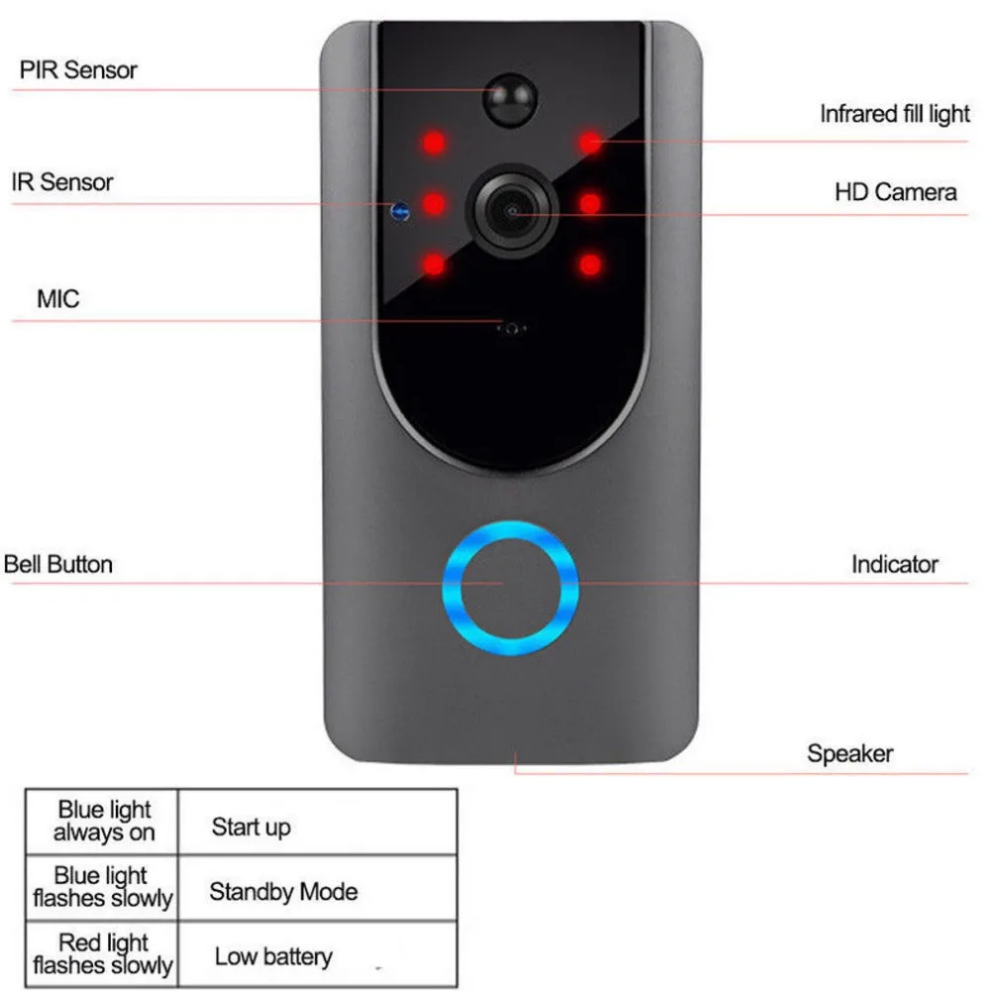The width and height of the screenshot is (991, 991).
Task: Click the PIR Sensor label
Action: pos(77,70)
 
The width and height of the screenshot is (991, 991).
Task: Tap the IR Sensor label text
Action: pos(61,182)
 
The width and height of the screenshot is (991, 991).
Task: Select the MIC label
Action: pos(58,299)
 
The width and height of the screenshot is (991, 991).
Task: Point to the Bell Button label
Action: pos(58,565)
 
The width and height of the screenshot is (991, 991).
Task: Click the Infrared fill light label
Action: pos(894,114)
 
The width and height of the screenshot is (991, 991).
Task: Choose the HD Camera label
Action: pos(896,192)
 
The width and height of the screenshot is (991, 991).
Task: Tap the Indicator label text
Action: pos(894,565)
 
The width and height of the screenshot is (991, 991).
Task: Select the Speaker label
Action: pos(850,753)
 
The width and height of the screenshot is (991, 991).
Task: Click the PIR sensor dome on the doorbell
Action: pos(510,99)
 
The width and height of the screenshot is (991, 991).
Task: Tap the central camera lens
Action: pos(512,211)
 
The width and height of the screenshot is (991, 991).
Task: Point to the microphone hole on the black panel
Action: pos(511,329)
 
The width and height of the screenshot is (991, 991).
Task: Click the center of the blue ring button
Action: pos(510,588)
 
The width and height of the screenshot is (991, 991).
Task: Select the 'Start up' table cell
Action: pos(317,823)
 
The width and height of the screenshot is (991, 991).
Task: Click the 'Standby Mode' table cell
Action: pos(317,889)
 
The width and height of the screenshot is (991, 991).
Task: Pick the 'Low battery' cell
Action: pos(317,953)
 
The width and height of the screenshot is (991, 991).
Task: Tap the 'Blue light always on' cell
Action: pos(102,823)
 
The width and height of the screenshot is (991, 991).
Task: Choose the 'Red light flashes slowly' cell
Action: pos(102,953)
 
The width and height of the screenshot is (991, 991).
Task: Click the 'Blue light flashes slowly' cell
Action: pos(102,889)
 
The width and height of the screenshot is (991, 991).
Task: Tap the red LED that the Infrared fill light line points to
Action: pos(591,143)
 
